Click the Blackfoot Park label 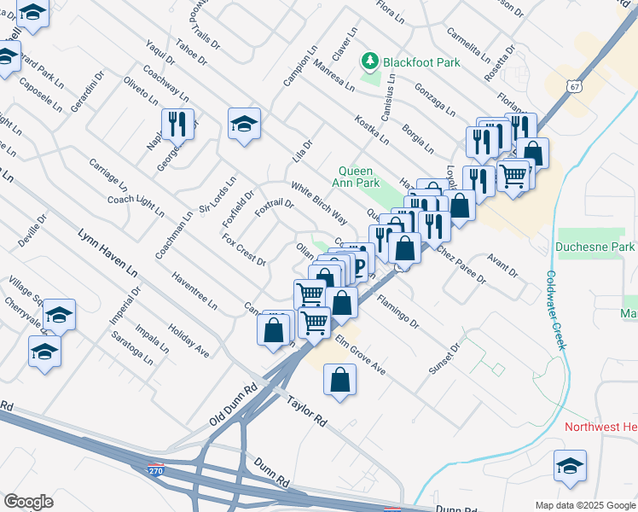421,62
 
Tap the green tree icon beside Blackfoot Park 370,61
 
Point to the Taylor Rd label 307,410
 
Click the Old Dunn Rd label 233,405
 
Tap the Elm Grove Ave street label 360,355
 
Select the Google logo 28,502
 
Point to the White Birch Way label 318,203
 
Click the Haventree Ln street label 194,291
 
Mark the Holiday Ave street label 188,340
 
